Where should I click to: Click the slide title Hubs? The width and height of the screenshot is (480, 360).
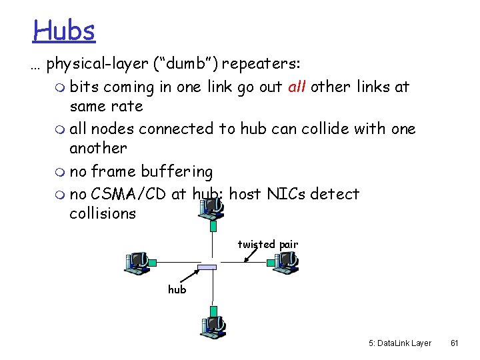pos(65,30)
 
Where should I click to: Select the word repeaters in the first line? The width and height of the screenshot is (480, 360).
pos(261,64)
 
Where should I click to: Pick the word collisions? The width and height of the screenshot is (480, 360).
pos(103,214)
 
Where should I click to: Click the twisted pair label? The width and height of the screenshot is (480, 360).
pos(267,245)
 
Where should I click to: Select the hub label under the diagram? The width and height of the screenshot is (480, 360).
pos(177,289)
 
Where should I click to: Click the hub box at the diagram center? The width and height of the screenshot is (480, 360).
pos(207,267)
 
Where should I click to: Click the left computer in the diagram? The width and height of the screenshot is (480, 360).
pos(139,263)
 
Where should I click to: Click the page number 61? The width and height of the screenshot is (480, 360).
pos(454,343)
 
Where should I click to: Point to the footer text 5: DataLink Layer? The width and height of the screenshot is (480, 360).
pos(399,343)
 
